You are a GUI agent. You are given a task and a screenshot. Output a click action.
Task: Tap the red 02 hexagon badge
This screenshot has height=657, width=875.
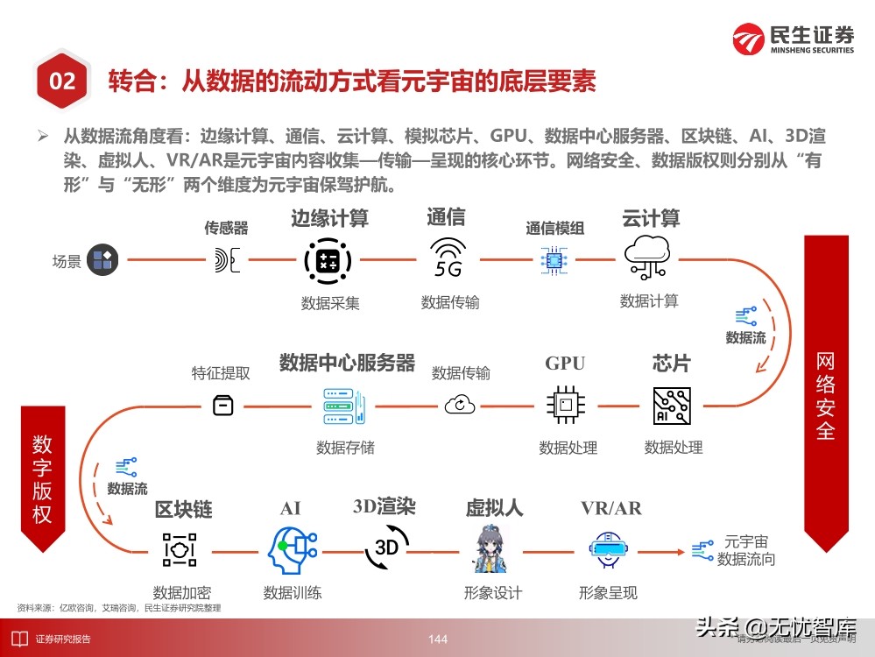tap(62, 82)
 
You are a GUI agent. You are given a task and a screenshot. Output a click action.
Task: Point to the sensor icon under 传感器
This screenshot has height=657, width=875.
tap(226, 259)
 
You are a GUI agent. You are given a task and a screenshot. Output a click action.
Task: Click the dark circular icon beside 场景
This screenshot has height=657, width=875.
tap(102, 259)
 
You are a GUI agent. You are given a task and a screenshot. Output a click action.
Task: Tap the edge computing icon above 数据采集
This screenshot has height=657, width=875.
tap(328, 259)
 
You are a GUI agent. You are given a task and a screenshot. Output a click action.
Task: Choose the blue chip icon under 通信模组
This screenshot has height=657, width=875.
tap(554, 259)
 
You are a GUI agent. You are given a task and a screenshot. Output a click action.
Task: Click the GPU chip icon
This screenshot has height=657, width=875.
tap(566, 405)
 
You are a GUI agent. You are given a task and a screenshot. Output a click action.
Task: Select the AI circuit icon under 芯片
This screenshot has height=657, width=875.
tap(673, 405)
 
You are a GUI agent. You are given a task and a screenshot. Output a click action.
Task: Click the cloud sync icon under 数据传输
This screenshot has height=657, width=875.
tap(460, 405)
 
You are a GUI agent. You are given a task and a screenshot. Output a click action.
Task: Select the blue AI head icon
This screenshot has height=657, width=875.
tap(291, 550)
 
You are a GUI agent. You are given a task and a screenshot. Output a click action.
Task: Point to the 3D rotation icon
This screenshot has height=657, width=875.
tap(386, 547)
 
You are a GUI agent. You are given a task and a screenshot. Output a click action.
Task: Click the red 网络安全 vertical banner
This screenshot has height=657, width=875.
tap(825, 394)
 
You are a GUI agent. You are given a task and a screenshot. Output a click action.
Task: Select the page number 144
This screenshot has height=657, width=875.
tap(438, 639)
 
